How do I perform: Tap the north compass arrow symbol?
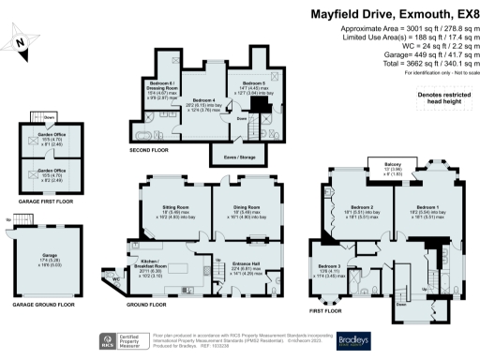pyautogui.click(x=21, y=42)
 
